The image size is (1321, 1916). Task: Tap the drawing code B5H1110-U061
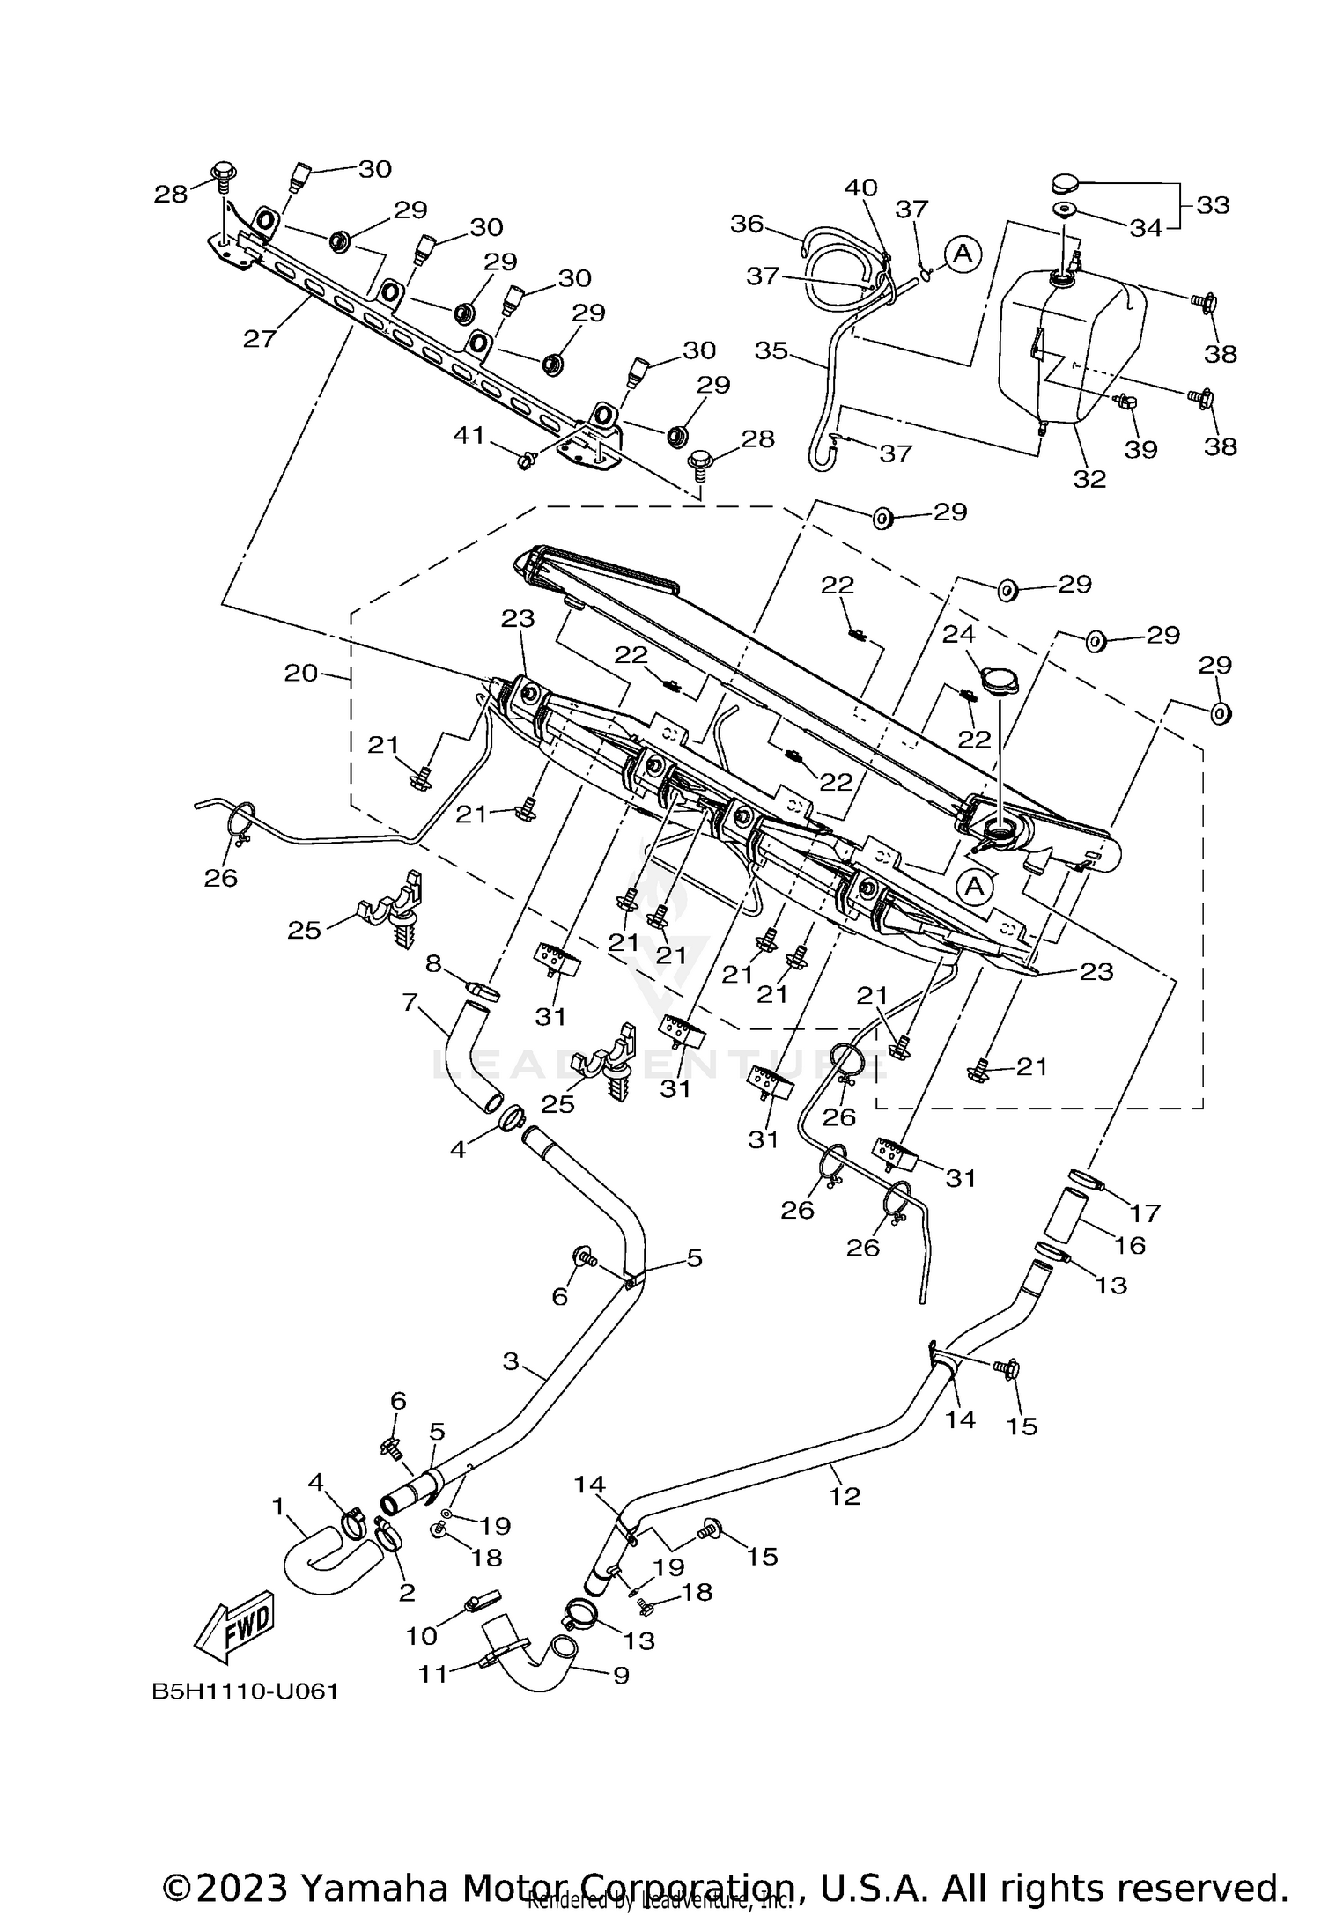[x=245, y=1691]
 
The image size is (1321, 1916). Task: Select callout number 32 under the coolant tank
[x=1089, y=478]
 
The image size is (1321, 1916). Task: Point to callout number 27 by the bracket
[x=260, y=337]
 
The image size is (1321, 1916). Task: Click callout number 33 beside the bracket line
[x=1212, y=205]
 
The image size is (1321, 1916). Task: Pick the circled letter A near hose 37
[x=963, y=254]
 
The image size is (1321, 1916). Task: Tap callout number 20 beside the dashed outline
[x=300, y=673]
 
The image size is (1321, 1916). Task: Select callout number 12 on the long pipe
[x=844, y=1495]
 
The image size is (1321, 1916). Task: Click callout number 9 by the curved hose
[x=621, y=1674]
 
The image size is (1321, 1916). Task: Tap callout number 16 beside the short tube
[x=1130, y=1245]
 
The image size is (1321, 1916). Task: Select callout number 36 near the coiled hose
[x=747, y=224]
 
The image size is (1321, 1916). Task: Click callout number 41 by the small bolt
[x=469, y=434]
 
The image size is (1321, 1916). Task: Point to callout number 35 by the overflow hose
[x=771, y=350]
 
